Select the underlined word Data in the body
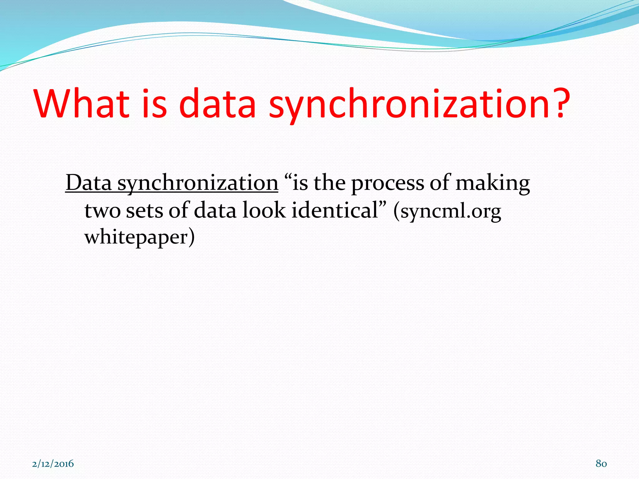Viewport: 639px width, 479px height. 89,183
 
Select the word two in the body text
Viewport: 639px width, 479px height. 102,211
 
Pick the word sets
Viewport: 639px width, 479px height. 144,211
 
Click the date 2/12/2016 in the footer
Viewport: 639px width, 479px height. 53,464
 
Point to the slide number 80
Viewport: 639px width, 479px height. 601,464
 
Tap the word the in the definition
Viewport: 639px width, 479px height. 329,183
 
